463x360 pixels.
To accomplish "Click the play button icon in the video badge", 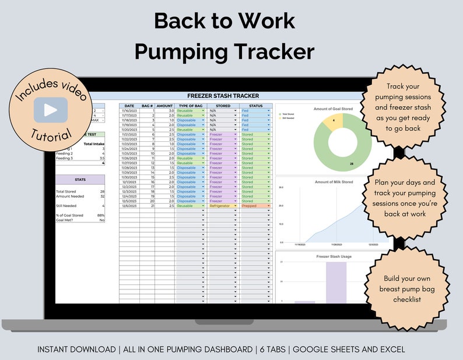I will coord(51,110).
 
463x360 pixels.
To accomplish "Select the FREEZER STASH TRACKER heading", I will coord(223,96).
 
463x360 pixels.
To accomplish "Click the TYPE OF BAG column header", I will coord(191,105).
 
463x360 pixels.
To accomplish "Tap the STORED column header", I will coord(223,105).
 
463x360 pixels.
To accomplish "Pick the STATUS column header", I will coord(255,105).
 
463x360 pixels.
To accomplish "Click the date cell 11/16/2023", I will coord(128,110).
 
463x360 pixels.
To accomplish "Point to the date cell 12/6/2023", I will coord(128,206).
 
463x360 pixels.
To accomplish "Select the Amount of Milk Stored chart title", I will coord(334,183).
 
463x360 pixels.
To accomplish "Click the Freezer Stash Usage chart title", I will coord(334,256).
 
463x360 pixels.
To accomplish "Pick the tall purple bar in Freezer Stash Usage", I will coord(336,282).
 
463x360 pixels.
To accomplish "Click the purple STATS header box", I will coord(80,180).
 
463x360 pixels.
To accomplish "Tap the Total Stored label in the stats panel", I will coord(65,191).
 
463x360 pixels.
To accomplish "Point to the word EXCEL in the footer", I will coord(389,349).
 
